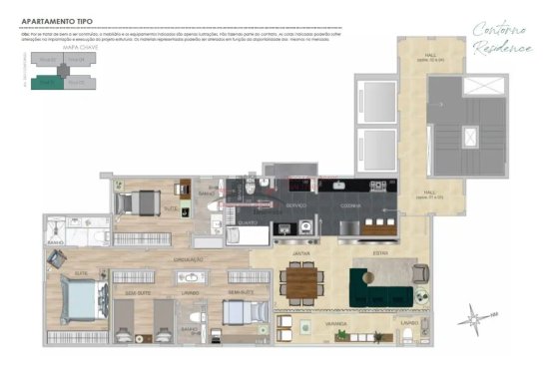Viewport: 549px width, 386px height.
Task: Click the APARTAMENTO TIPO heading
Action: click(x=52, y=17)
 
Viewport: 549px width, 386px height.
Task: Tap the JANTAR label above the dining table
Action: click(x=298, y=255)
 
